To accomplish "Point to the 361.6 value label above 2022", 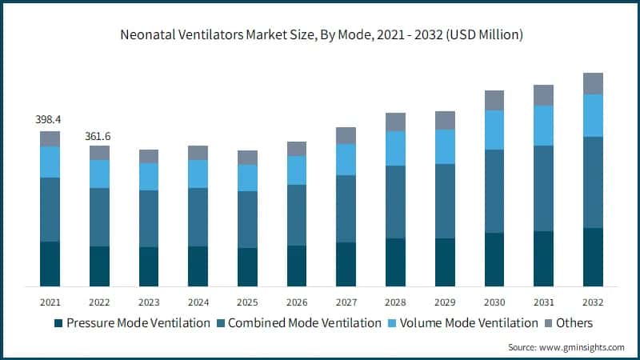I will coord(99,136).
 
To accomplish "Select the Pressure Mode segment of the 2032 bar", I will coord(593,257).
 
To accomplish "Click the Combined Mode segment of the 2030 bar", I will coord(494,191).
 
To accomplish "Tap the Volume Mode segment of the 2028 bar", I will coord(395,148).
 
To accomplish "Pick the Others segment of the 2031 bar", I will coord(544,95).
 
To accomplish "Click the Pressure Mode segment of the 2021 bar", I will coord(50,263).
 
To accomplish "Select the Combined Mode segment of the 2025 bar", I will coord(247,219).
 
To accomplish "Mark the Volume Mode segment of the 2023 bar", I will coord(149,176).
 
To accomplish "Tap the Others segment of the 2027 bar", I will coord(346,135).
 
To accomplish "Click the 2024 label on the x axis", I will coord(198,302).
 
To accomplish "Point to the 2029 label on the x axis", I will coord(445,302).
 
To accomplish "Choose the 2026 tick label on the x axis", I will coord(297,302).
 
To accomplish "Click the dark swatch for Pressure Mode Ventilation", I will coord(58,323).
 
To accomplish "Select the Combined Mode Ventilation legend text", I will coord(304,323).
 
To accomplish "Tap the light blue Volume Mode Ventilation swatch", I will coord(393,323).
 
